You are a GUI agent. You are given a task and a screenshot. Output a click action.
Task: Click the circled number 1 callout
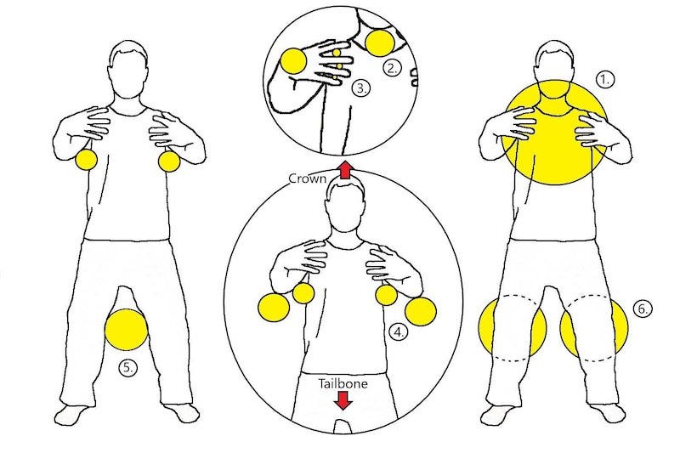tap(605, 80)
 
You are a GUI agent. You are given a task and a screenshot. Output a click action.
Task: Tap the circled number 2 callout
tap(392, 68)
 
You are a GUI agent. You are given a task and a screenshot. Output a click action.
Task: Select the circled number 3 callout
tap(360, 88)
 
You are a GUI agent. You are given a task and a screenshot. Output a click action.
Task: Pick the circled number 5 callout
tap(127, 368)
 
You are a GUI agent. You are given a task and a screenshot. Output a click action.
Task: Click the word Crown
tap(307, 178)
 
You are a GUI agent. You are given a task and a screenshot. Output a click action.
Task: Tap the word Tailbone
tap(343, 383)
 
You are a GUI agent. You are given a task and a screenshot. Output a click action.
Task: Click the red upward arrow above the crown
tap(345, 169)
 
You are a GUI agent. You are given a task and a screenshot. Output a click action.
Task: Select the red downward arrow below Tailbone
tap(343, 400)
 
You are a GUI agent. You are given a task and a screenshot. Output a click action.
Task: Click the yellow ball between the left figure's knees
tap(127, 330)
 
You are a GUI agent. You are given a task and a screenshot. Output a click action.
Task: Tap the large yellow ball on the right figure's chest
tap(554, 133)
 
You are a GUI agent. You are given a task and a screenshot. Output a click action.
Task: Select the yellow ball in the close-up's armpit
tap(380, 44)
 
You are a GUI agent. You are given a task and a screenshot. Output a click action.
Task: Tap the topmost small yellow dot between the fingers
tap(337, 53)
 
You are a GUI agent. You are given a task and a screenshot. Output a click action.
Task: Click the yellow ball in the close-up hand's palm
tap(294, 60)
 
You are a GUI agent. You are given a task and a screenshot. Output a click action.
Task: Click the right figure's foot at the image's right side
tap(609, 414)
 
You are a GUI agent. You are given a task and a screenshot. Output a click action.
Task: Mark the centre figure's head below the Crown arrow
tap(345, 207)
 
